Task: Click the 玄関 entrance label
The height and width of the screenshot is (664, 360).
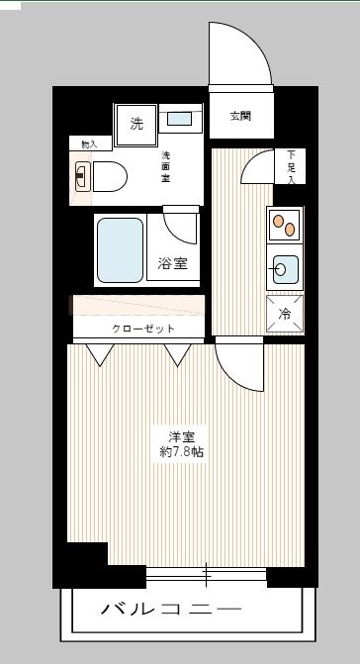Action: [x=240, y=116]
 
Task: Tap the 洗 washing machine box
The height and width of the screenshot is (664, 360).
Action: [x=136, y=124]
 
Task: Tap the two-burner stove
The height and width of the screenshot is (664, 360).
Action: [x=285, y=226]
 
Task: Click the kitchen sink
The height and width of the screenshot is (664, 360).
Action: [x=285, y=270]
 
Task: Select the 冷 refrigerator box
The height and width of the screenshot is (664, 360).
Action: [x=285, y=315]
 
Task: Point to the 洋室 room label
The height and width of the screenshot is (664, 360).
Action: [x=179, y=436]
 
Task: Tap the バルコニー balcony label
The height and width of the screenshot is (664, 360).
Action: [x=170, y=608]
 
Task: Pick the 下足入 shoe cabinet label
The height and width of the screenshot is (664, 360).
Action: [x=292, y=165]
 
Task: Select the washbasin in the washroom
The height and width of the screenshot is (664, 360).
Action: [x=180, y=120]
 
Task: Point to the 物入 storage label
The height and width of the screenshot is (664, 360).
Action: [x=89, y=144]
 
